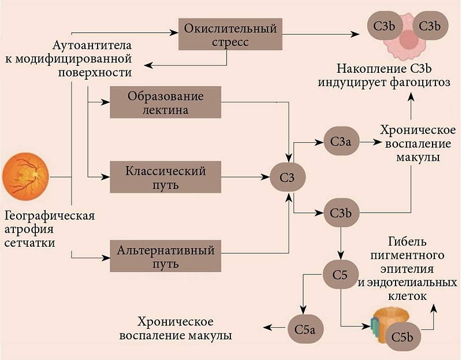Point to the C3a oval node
point(340,141)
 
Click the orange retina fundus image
point(27,174)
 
